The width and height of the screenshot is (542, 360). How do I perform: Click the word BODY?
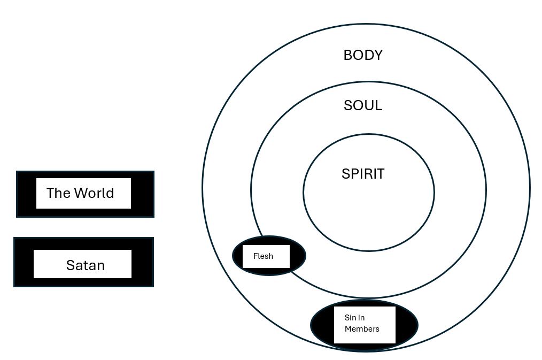(x=363, y=55)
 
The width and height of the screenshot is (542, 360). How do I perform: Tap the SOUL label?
(x=363, y=105)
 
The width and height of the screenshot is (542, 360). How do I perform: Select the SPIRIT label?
(x=363, y=174)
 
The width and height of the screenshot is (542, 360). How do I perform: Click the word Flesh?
(x=263, y=256)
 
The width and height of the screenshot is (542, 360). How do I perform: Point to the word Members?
(x=362, y=329)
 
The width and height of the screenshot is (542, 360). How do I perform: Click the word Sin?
(x=350, y=318)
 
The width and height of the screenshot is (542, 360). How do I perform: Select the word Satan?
(x=85, y=265)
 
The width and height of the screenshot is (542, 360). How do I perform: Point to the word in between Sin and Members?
(x=362, y=318)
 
